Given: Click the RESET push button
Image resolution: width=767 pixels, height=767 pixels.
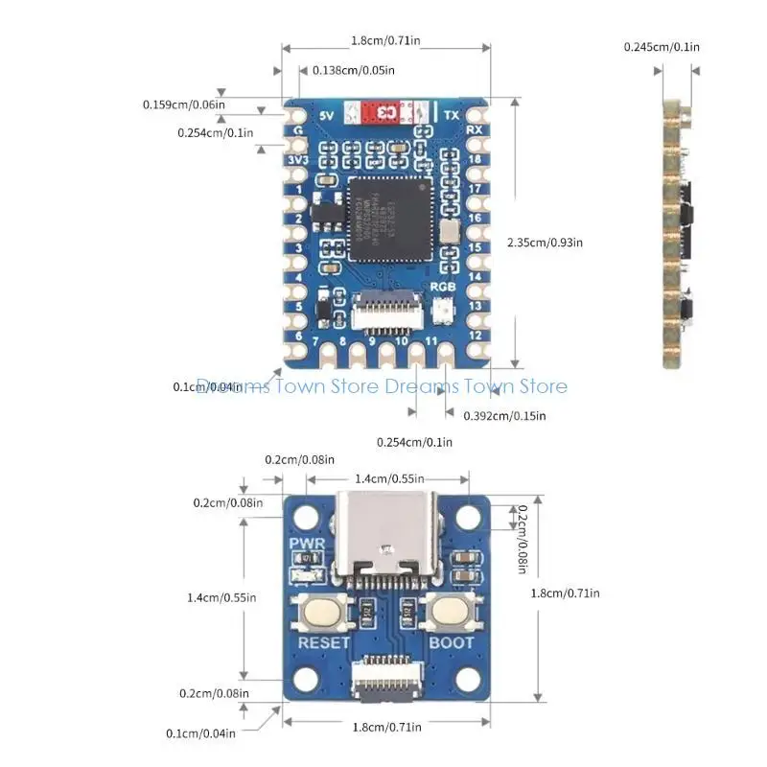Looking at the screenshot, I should click(x=323, y=611).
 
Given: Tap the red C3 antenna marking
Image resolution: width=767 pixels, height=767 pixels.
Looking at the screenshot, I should click(x=387, y=113).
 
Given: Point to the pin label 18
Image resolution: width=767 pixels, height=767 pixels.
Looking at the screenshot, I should click(x=473, y=158).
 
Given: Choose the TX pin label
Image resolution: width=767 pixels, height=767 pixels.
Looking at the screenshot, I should click(x=450, y=115).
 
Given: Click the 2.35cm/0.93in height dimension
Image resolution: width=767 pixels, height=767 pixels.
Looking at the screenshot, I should click(x=545, y=243).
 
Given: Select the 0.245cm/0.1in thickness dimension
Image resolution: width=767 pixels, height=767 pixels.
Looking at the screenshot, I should click(x=662, y=46).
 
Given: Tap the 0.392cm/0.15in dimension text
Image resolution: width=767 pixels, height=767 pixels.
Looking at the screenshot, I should click(x=504, y=415).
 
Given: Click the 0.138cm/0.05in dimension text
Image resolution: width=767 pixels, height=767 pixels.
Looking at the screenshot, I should click(x=355, y=69).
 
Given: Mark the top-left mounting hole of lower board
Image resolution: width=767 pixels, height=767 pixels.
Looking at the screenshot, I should click(x=305, y=517).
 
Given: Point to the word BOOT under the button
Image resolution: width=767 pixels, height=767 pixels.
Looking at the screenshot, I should click(x=451, y=642).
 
